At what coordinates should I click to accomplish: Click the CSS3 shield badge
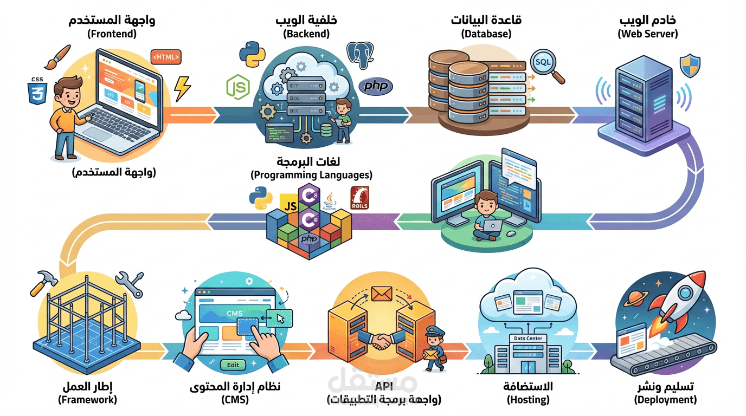tap(37, 89)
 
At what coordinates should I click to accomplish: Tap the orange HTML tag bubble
tap(166, 57)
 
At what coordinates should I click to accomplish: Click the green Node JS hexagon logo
tap(237, 87)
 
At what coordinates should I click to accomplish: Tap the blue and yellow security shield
tap(691, 66)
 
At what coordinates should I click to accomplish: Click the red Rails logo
tap(359, 198)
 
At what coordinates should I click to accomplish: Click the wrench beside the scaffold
tap(130, 284)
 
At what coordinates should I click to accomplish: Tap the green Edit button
tap(233, 365)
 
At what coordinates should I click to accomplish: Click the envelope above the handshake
tap(381, 294)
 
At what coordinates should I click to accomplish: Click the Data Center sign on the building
tap(529, 339)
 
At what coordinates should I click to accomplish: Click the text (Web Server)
tap(647, 34)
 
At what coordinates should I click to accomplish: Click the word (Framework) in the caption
tap(87, 400)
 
